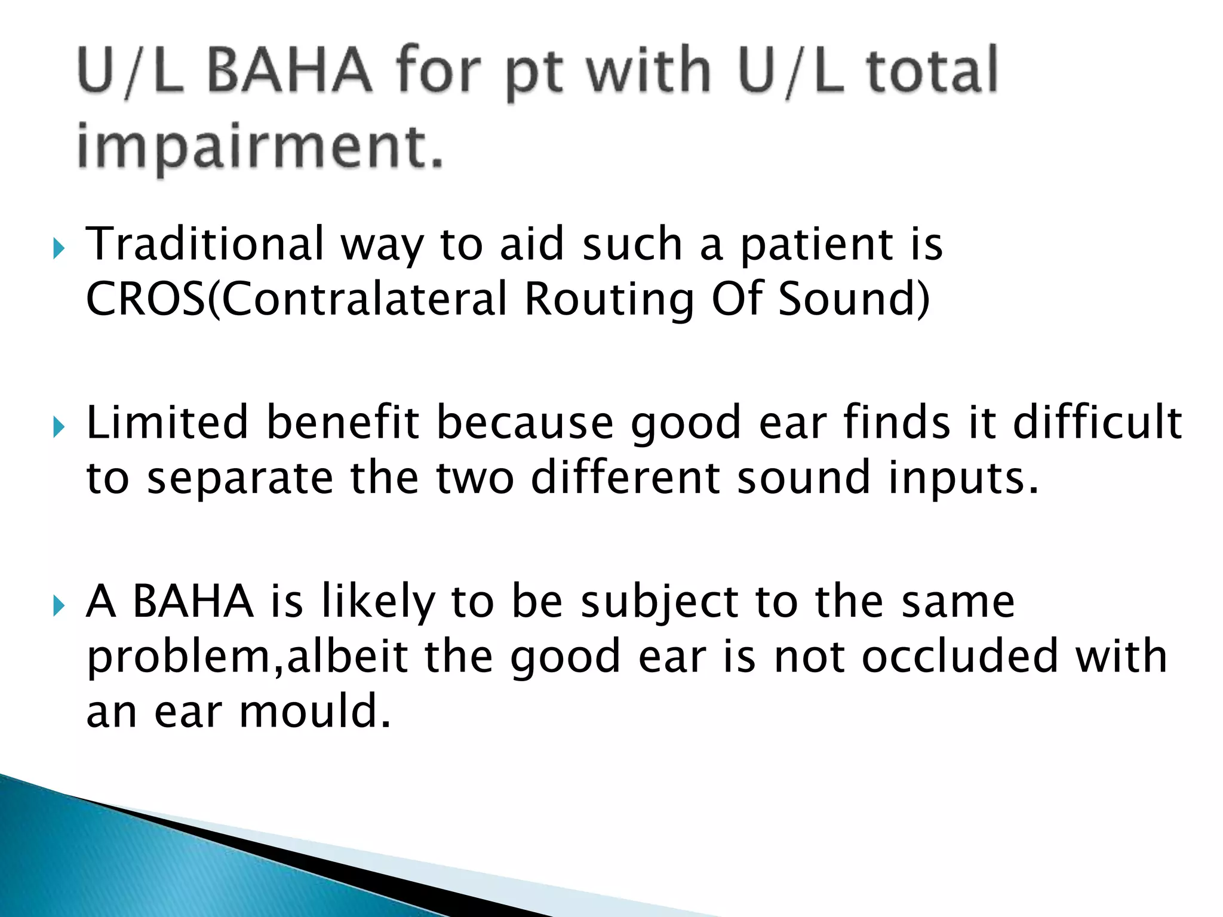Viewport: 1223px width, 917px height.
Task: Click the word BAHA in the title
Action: pyautogui.click(x=290, y=71)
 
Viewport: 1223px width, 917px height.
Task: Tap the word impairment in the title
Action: pyautogui.click(x=260, y=146)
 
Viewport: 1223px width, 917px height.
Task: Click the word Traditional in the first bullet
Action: pyautogui.click(x=205, y=244)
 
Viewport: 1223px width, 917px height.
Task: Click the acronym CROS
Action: pyautogui.click(x=146, y=299)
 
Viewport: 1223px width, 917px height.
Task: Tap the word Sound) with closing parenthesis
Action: pyautogui.click(x=854, y=299)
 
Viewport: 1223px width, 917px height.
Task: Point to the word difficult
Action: pyautogui.click(x=1098, y=422)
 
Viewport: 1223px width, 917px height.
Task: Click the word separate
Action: pyautogui.click(x=240, y=479)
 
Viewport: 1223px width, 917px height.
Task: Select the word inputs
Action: pyautogui.click(x=963, y=479)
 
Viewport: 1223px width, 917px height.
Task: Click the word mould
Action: pyautogui.click(x=315, y=711)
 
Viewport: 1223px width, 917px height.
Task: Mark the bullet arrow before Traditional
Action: pyautogui.click(x=58, y=247)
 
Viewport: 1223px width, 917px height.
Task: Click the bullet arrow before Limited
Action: pyautogui.click(x=58, y=426)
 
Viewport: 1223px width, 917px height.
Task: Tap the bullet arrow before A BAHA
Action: pyautogui.click(x=58, y=606)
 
